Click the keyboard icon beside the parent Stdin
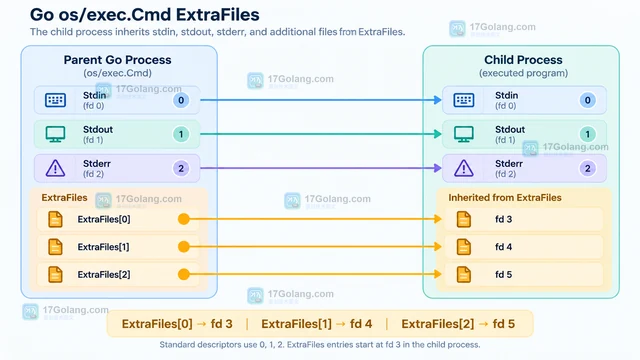tap(56, 100)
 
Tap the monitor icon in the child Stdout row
tap(464, 134)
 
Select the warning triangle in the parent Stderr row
tap(56, 168)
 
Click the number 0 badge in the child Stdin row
tap(587, 100)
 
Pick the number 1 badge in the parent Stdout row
tap(181, 134)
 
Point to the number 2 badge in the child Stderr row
tap(587, 168)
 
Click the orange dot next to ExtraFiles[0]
tap(184, 219)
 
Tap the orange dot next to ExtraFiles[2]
tap(184, 274)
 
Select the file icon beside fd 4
tap(464, 247)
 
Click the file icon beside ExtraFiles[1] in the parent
tap(56, 247)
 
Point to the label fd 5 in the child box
tap(503, 274)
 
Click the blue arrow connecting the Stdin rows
tap(321, 100)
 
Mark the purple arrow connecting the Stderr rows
tap(321, 168)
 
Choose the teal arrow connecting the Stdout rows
tap(321, 134)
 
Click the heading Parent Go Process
tap(118, 60)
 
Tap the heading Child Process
tap(523, 60)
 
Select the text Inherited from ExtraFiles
tap(505, 198)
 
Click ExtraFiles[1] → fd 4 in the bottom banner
tap(317, 324)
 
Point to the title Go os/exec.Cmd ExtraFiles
tap(144, 15)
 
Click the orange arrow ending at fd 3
tap(313, 219)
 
